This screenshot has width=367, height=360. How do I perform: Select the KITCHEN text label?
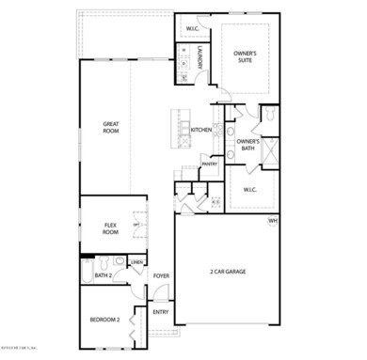(201, 130)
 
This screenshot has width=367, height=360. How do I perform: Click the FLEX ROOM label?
(110, 227)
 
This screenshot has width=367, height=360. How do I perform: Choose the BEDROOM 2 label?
(104, 321)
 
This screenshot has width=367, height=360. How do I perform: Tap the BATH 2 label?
(104, 275)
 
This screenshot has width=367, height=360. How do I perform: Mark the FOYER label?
(162, 276)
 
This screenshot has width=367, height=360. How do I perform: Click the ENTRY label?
(161, 312)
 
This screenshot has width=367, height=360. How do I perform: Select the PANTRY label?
(209, 164)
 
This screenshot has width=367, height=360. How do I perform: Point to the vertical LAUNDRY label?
(199, 58)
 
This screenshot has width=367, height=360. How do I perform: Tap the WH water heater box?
(273, 221)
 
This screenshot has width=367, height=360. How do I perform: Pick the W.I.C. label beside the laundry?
(192, 27)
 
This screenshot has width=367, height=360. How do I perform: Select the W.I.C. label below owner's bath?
(250, 190)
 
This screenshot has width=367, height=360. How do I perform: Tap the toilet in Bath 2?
(120, 276)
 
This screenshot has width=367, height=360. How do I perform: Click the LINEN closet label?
(137, 262)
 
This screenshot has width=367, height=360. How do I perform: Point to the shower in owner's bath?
(269, 150)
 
